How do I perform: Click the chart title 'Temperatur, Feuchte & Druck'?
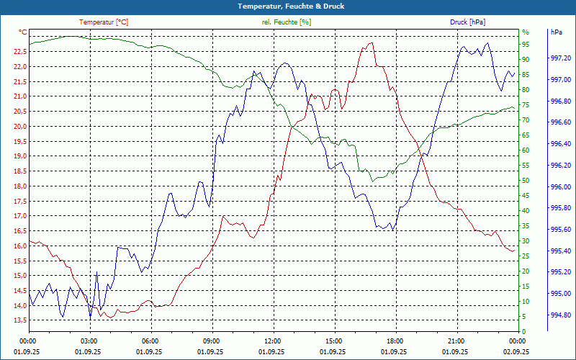pos(288,6)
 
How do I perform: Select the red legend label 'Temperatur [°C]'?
pos(104,22)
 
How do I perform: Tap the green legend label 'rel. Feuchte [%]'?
pos(287,22)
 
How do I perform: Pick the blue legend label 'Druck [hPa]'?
pos(468,22)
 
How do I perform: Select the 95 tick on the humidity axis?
pos(526,45)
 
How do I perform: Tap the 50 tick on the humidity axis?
pos(526,181)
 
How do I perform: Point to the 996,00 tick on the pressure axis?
pos(560,187)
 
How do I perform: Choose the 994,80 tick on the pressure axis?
pos(560,315)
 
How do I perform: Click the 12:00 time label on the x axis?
pos(272,341)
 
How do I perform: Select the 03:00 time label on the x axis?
pos(89,341)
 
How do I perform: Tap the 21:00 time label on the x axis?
pos(456,341)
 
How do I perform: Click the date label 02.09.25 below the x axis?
pos(517,351)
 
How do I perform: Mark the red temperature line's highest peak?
pos(372,43)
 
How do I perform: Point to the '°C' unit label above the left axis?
pos(23,32)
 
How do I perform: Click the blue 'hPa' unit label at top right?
pos(556,32)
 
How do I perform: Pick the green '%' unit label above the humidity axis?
pos(526,32)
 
